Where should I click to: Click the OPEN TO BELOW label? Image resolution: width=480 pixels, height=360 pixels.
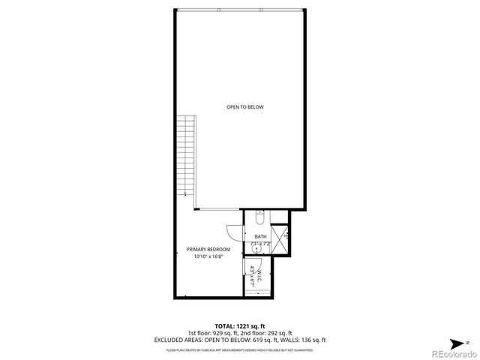245,107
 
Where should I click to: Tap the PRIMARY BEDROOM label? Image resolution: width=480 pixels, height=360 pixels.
208,249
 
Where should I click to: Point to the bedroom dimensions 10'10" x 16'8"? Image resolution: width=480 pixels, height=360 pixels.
208,257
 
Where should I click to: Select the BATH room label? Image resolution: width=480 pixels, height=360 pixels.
259,237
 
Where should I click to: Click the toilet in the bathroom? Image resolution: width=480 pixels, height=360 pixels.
257,218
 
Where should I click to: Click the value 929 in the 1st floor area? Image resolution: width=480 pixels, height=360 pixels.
220,334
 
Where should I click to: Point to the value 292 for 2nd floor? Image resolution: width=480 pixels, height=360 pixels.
272,334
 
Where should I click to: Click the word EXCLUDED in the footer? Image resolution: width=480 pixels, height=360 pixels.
171,340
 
